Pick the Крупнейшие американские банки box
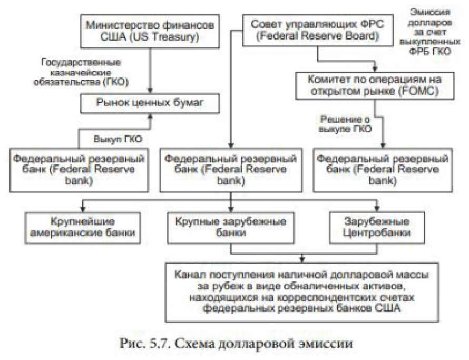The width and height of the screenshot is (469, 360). point(84,227)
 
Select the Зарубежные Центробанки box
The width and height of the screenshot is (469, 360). point(377,227)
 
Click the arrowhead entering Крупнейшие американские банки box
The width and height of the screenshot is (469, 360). point(83,209)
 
